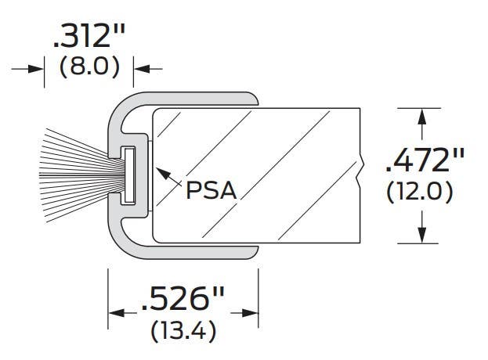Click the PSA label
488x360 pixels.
pos(211,189)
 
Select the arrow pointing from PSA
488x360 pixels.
pos(165,177)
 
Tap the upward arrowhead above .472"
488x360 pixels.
pos(423,116)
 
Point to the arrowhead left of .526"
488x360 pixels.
pos(114,313)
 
